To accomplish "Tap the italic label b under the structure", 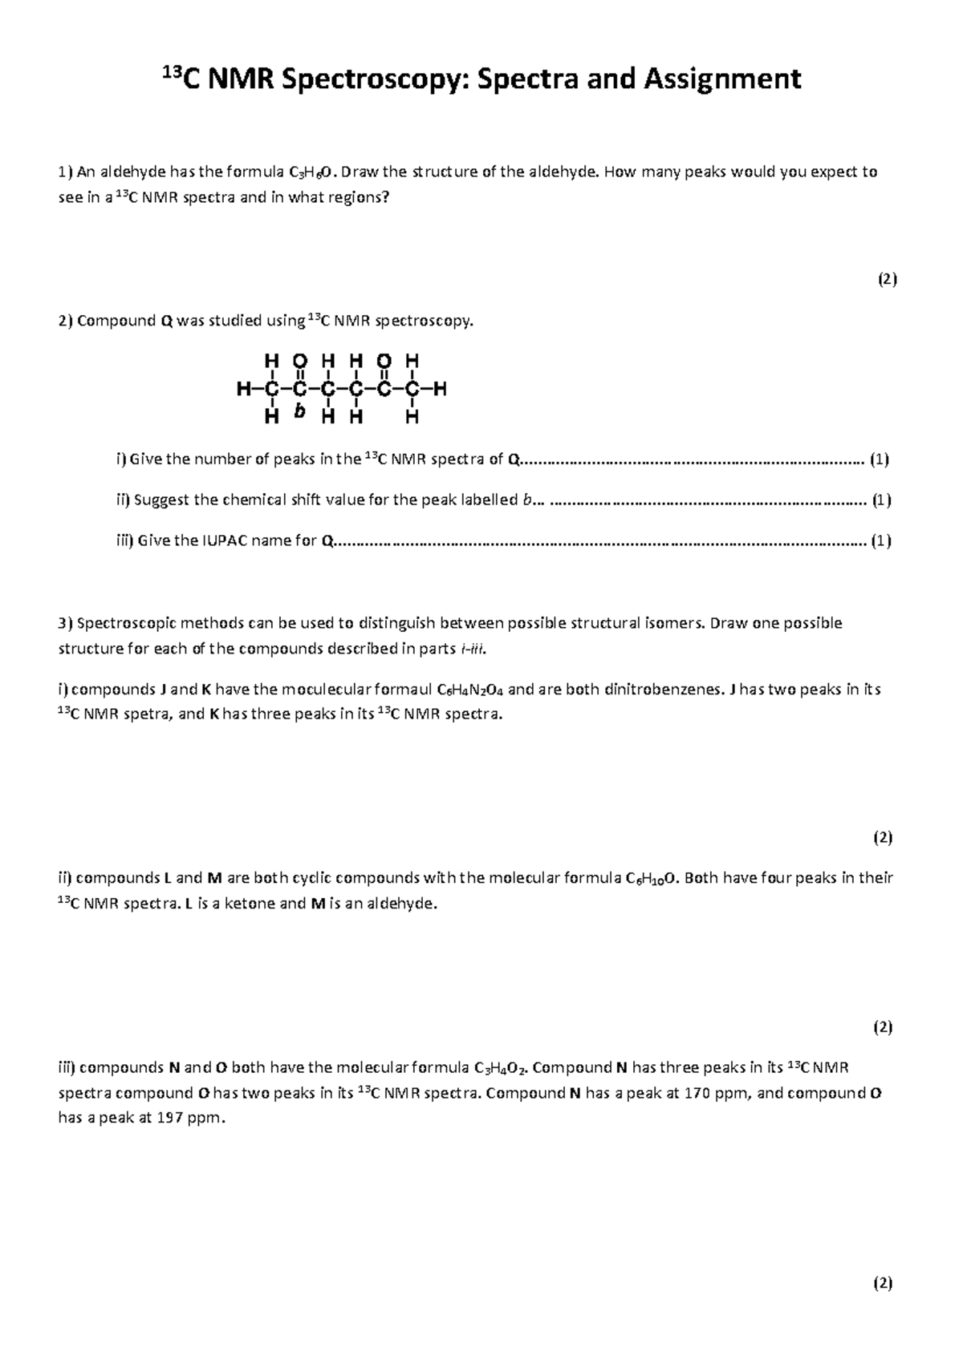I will pyautogui.click(x=299, y=411).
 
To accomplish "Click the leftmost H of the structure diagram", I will pyautogui.click(x=243, y=390).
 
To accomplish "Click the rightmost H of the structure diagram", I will pyautogui.click(x=440, y=390).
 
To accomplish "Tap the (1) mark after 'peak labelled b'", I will pyautogui.click(x=882, y=500).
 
